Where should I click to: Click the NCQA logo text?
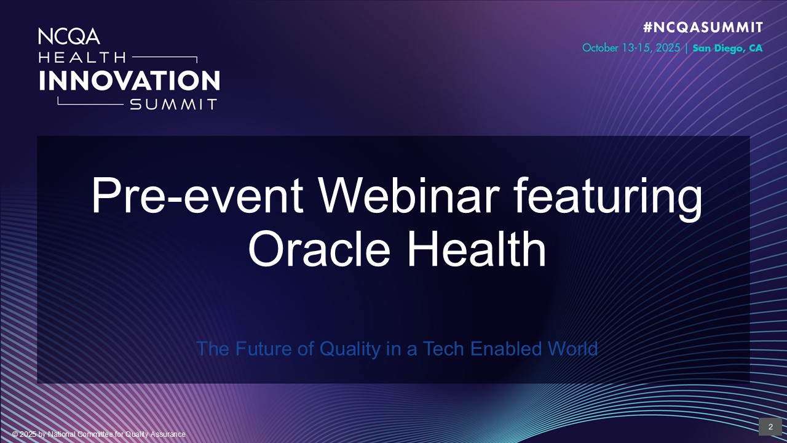click(69, 36)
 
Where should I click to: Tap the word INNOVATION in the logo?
click(129, 81)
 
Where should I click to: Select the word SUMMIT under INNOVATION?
click(173, 105)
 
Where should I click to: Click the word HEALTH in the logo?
click(82, 57)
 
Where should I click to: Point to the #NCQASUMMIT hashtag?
click(703, 27)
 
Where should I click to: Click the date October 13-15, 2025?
click(631, 48)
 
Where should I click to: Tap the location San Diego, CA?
click(727, 48)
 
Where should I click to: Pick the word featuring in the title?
click(608, 199)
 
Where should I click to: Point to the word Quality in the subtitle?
click(350, 349)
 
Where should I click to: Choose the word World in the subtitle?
click(572, 349)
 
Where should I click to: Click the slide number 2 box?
click(770, 427)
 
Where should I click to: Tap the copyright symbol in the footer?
click(15, 434)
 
